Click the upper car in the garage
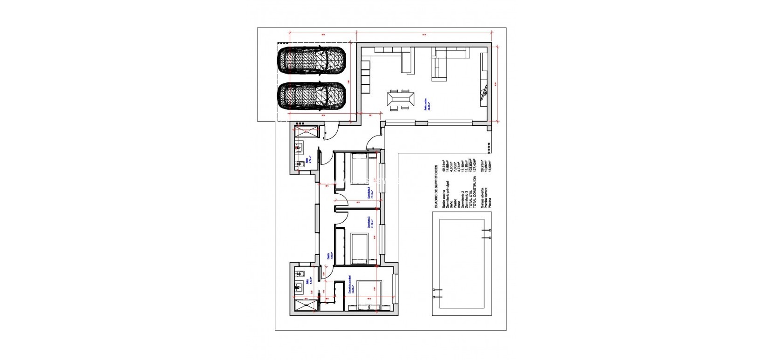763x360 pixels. point(312,61)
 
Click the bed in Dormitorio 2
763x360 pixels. point(364,247)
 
